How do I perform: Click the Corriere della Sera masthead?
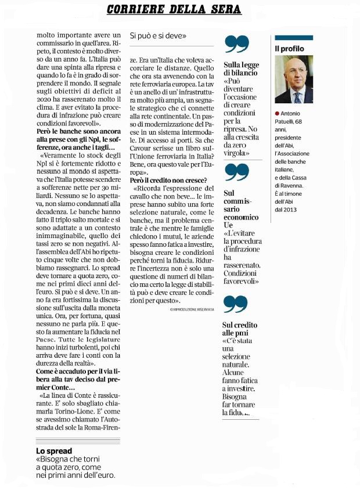coord(174,10)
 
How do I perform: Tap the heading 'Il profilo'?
coord(289,49)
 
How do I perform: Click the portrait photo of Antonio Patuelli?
coord(294,80)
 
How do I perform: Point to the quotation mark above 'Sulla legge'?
coord(236,44)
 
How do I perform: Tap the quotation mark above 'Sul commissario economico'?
coord(236,172)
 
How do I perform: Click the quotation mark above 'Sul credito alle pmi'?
coord(236,304)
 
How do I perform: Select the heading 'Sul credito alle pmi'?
coord(239,329)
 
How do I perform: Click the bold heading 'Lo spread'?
coord(54,451)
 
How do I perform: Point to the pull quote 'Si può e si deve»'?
coord(158,35)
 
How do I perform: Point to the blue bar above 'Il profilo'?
coord(294,38)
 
